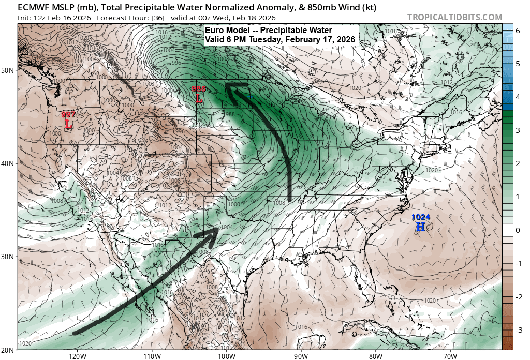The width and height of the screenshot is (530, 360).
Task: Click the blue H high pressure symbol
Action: pos(421,227)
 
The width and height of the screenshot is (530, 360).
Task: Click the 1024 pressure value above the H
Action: pos(421,217)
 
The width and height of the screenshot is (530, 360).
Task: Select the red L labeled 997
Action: pos(68,124)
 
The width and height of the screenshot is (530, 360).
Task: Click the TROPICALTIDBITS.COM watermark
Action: pos(454,18)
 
